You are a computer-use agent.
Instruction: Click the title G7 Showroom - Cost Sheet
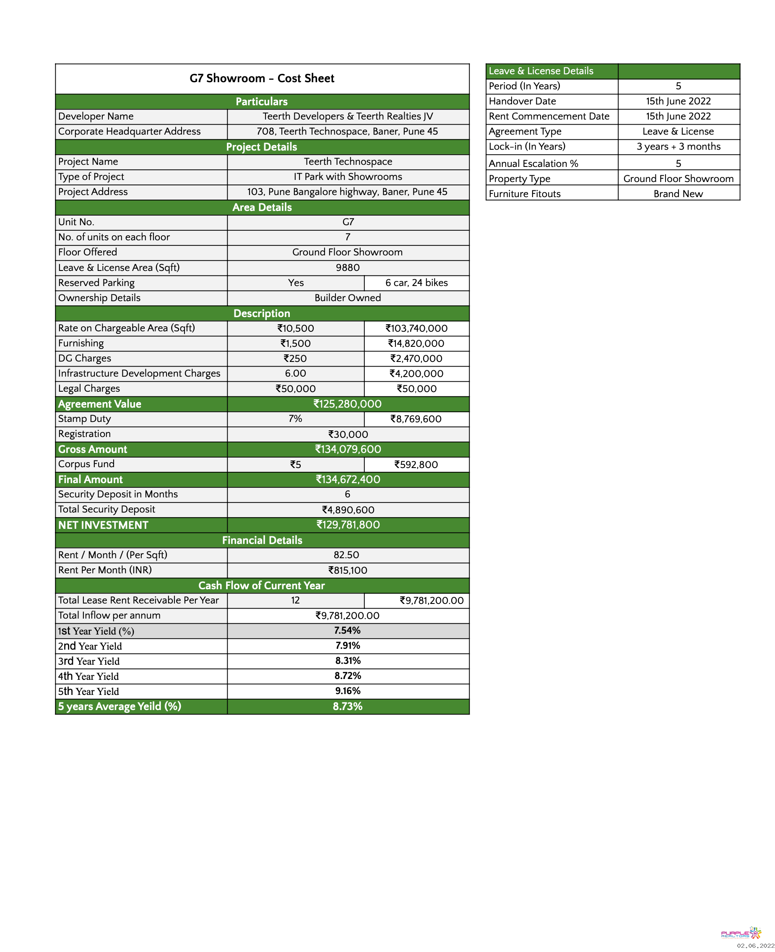pyautogui.click(x=262, y=78)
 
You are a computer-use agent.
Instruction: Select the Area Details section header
pyautogui.click(x=262, y=207)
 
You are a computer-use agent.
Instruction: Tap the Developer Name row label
pyautogui.click(x=96, y=117)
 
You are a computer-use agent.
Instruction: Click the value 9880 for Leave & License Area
pyautogui.click(x=347, y=267)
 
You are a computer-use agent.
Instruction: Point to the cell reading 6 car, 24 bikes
pyautogui.click(x=416, y=283)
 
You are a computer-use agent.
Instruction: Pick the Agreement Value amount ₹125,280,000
pyautogui.click(x=347, y=404)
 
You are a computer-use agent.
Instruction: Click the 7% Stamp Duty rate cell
pyautogui.click(x=295, y=419)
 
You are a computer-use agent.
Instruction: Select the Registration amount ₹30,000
pyautogui.click(x=348, y=434)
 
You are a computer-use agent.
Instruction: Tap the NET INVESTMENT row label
pyautogui.click(x=103, y=525)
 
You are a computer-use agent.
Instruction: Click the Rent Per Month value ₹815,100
pyautogui.click(x=348, y=570)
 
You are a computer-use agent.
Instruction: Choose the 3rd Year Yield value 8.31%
pyautogui.click(x=348, y=661)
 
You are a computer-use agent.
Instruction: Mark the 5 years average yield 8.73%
pyautogui.click(x=347, y=706)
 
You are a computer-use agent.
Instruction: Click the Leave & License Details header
pyautogui.click(x=541, y=71)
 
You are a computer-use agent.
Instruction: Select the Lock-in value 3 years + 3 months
pyautogui.click(x=678, y=146)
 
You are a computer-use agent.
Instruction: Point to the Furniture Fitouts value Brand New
pyautogui.click(x=678, y=194)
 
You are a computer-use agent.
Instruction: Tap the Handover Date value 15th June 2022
pyautogui.click(x=678, y=101)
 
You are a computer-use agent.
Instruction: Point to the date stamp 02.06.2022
pyautogui.click(x=755, y=945)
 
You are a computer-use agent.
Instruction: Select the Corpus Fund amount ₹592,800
pyautogui.click(x=416, y=465)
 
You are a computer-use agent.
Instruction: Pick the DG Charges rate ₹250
pyautogui.click(x=295, y=359)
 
